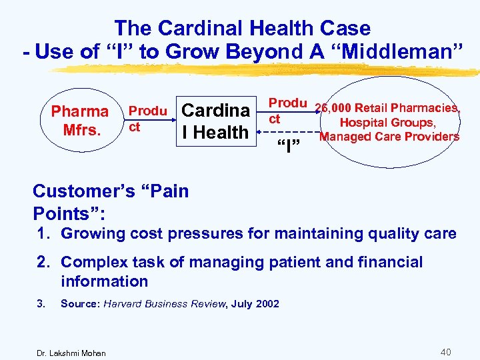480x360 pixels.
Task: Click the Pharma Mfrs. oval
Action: (x=79, y=120)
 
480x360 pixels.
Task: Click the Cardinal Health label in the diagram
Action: (x=215, y=121)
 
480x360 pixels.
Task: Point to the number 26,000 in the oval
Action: (x=333, y=109)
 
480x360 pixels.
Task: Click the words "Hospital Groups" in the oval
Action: (x=389, y=123)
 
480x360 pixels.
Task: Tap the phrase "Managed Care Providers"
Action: (x=389, y=137)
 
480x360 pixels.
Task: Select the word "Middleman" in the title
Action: (x=398, y=51)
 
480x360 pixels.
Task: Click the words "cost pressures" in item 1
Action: (x=190, y=233)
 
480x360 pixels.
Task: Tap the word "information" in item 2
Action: (x=103, y=281)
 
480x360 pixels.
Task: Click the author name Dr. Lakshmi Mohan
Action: (x=71, y=352)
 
